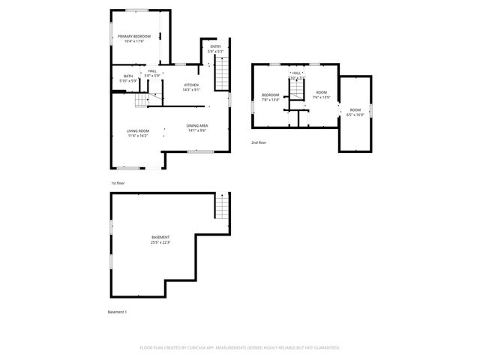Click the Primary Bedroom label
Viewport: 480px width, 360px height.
pos(135,38)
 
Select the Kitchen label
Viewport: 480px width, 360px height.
pos(191,87)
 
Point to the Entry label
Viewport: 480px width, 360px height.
pos(215,49)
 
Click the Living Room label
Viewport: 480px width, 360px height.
pos(137,133)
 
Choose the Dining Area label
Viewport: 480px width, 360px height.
pos(197,127)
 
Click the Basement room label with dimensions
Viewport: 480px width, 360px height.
pos(160,240)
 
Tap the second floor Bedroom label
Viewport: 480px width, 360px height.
pos(270,96)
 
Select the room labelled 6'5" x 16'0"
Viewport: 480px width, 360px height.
pos(355,112)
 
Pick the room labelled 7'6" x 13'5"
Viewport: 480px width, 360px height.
pos(320,94)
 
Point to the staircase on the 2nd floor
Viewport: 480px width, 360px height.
pos(298,91)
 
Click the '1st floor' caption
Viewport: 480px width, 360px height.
pos(118,183)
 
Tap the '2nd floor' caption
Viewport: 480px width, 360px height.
pos(259,142)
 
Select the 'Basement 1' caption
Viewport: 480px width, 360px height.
pos(118,311)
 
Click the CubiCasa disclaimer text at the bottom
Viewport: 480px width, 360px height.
pos(240,347)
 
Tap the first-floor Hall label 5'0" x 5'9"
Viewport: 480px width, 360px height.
pos(152,73)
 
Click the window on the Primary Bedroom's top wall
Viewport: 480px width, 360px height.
pos(136,10)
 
